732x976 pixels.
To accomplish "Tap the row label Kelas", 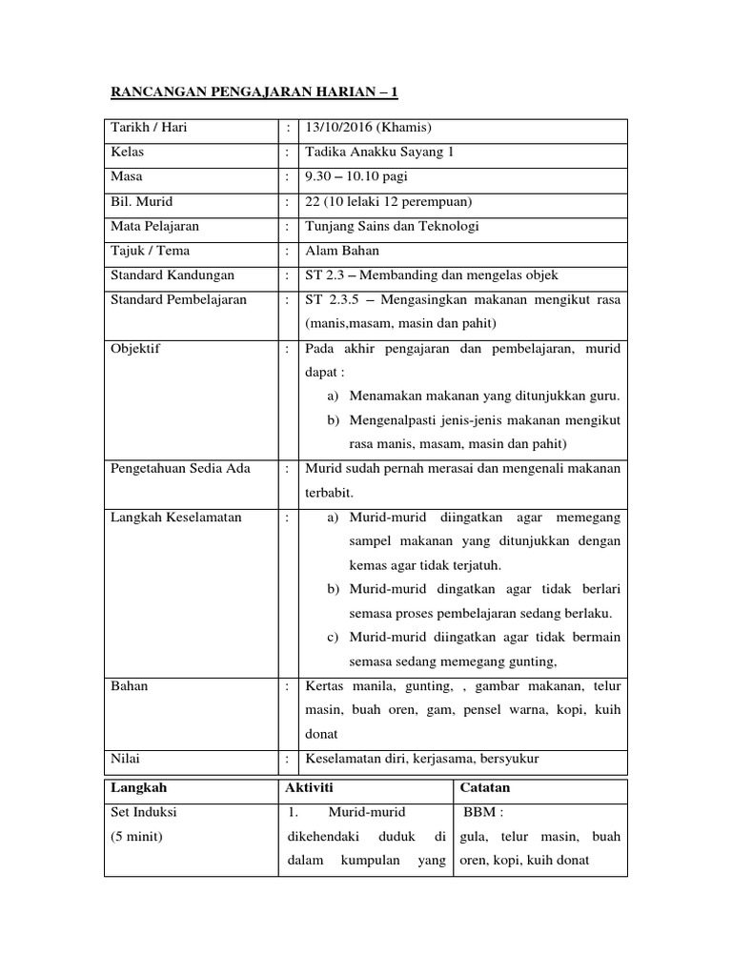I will click(128, 153).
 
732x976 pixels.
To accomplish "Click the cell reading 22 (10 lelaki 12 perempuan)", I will click(389, 202).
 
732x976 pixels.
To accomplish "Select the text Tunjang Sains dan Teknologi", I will click(392, 226).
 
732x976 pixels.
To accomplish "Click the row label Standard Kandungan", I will click(173, 275).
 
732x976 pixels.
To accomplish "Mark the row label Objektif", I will click(136, 349).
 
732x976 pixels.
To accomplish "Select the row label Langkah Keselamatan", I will click(176, 518).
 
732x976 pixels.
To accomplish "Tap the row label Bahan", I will click(130, 686).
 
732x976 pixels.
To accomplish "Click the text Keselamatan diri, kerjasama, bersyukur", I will click(422, 759).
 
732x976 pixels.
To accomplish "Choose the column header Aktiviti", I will click(310, 788).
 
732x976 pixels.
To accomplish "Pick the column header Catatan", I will click(485, 788).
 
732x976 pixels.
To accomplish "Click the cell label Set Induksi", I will click(144, 813).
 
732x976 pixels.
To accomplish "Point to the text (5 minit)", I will click(137, 837).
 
